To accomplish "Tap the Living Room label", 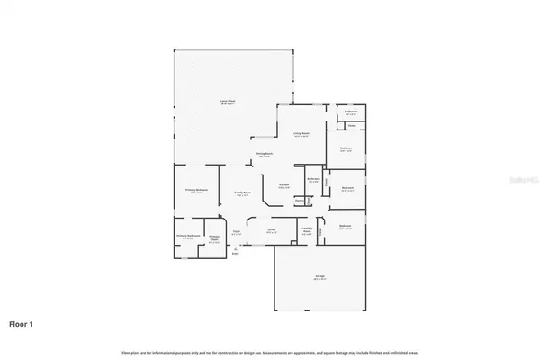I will tap(301, 134).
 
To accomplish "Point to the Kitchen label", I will tap(283, 186).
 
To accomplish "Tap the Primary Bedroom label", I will tap(196, 191).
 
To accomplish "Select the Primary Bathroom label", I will tap(187, 238).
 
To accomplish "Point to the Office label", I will tap(271, 231).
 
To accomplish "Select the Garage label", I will tap(320, 277).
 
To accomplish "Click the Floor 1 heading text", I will tap(23, 322).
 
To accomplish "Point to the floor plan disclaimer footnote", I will tap(270, 350).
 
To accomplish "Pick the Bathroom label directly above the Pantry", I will tap(313, 179).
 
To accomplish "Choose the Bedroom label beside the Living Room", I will tap(346, 149).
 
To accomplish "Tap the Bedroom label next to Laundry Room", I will tap(346, 227).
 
